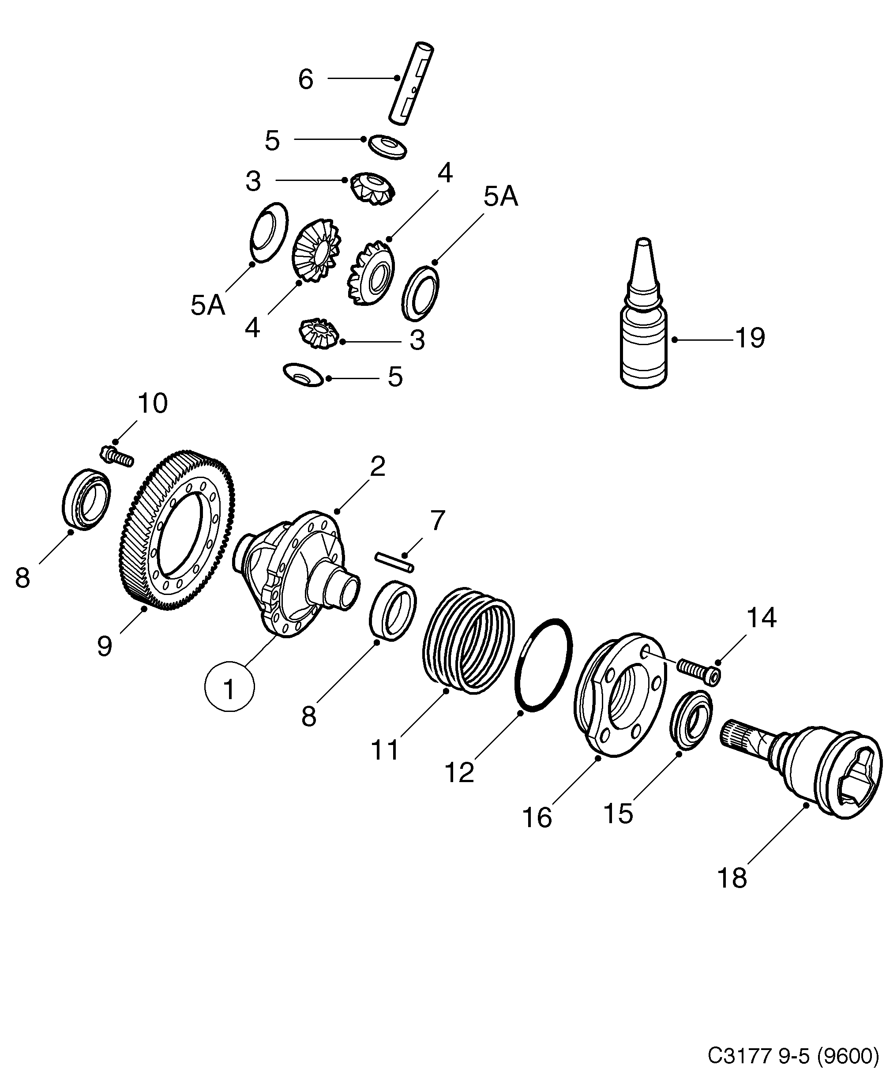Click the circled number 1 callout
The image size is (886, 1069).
[229, 689]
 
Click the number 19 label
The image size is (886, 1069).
[751, 338]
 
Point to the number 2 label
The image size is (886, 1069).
[377, 465]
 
